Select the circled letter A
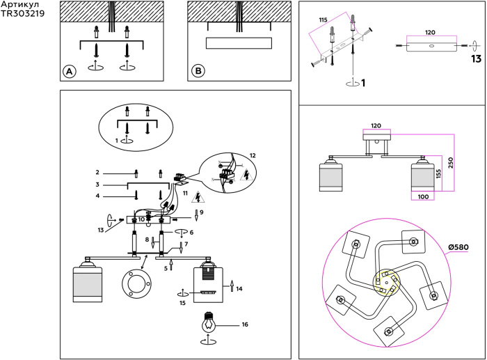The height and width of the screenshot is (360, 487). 68,71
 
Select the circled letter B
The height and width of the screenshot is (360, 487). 198,71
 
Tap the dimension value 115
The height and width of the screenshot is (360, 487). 323,20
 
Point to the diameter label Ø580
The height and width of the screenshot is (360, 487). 459,246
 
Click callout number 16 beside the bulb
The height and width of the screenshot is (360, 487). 244,324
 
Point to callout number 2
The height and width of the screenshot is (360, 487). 98,171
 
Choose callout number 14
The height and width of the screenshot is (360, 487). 240,287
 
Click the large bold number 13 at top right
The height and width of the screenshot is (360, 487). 476,59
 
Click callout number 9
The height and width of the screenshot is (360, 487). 201,212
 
